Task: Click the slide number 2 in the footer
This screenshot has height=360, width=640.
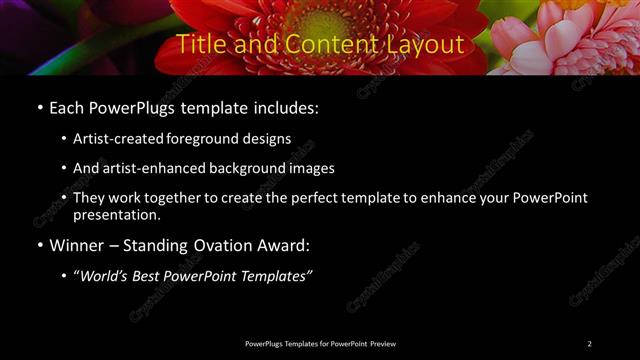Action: pyautogui.click(x=590, y=344)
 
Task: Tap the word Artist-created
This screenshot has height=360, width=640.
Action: pyautogui.click(x=117, y=139)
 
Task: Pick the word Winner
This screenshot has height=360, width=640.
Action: pyautogui.click(x=76, y=244)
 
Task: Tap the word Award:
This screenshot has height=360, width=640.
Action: pyautogui.click(x=285, y=244)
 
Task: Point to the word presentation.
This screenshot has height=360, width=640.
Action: pyautogui.click(x=116, y=214)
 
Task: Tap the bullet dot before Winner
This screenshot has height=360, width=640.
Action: pyautogui.click(x=39, y=245)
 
